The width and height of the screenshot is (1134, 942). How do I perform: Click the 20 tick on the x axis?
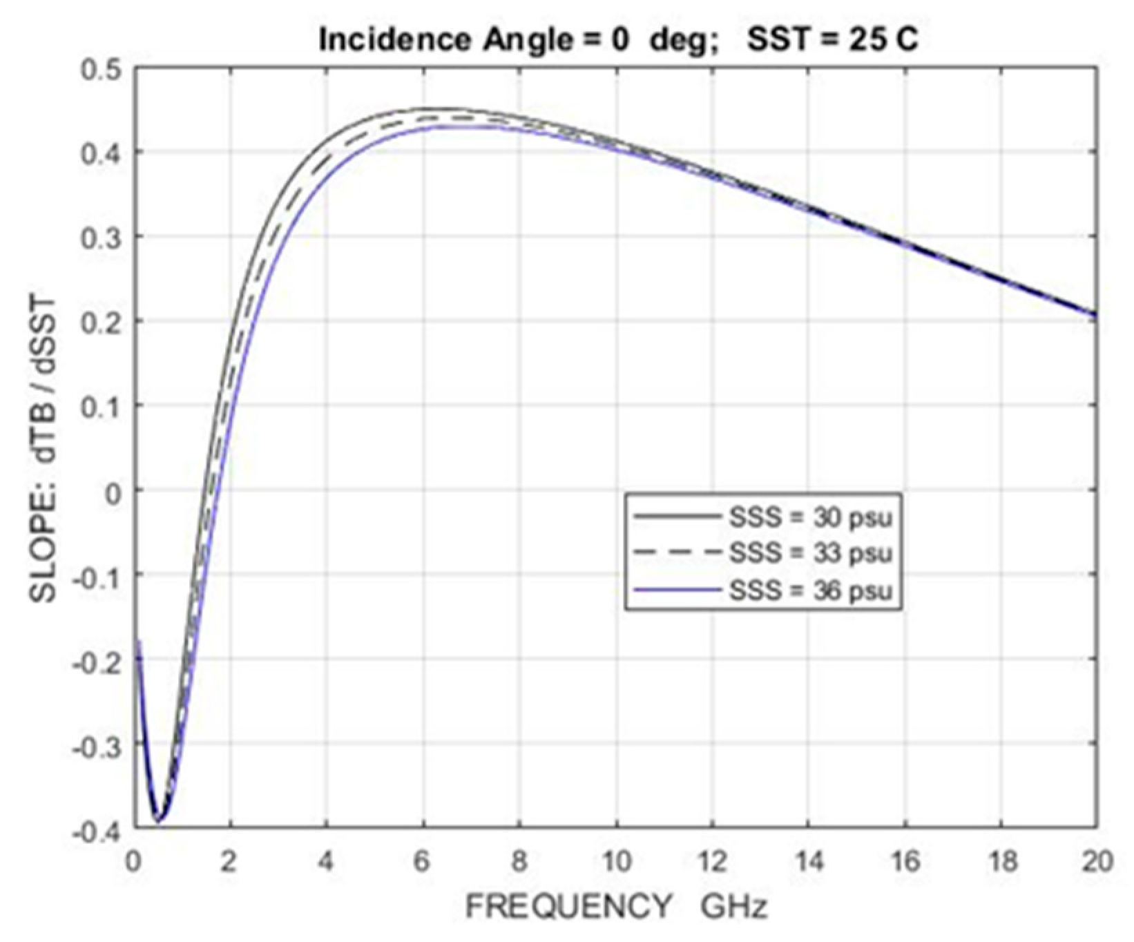tap(1096, 863)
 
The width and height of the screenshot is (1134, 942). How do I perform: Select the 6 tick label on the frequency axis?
tap(423, 863)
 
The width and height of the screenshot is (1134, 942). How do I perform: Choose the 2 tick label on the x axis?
tap(230, 863)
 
